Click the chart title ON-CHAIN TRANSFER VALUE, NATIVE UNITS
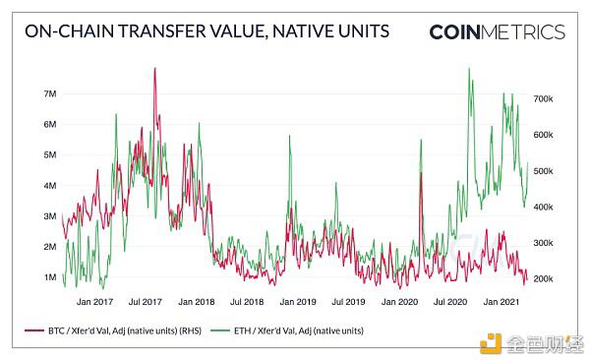(206, 31)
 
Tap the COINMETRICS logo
(497, 31)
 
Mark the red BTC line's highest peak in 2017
(154, 69)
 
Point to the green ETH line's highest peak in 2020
(469, 68)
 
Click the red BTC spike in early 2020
(421, 173)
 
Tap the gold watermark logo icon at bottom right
(490, 343)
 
